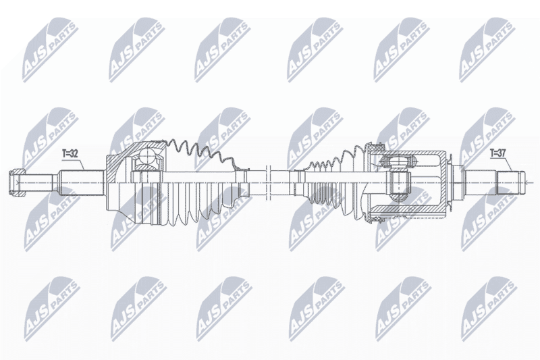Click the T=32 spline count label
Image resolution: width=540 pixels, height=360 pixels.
pyautogui.click(x=70, y=154)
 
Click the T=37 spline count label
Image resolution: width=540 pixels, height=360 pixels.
pyautogui.click(x=498, y=154)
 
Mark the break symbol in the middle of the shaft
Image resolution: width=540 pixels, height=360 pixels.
pyautogui.click(x=269, y=182)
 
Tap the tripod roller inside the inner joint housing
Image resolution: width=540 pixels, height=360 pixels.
pyautogui.click(x=397, y=161)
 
